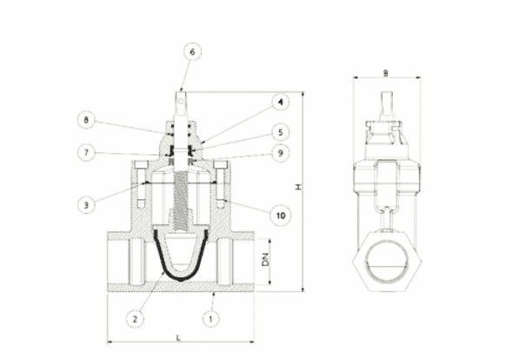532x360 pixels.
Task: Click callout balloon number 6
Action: coord(192,52)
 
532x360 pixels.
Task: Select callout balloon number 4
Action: coord(280,102)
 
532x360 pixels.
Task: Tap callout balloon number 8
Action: coord(86,120)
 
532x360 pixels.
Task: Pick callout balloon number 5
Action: coord(280,132)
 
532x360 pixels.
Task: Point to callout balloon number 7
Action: coord(86,153)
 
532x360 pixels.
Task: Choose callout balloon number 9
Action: coord(280,153)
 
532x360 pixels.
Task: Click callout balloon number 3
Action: coord(86,205)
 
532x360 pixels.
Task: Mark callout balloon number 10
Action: coord(281,215)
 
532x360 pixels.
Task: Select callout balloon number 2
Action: coord(135,318)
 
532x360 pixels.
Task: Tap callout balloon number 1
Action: coord(211,318)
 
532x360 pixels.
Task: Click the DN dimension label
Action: coord(265,260)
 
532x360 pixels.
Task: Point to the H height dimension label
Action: coord(298,187)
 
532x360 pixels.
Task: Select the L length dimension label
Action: coord(178,337)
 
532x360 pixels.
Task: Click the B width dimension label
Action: coord(386,73)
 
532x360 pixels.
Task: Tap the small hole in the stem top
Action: coord(182,101)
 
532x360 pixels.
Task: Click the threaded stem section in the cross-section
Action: coord(181,201)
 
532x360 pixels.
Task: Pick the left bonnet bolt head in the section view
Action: coord(142,164)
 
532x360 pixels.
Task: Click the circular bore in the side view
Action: coord(387,261)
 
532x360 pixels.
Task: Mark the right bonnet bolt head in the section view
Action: coord(221,164)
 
